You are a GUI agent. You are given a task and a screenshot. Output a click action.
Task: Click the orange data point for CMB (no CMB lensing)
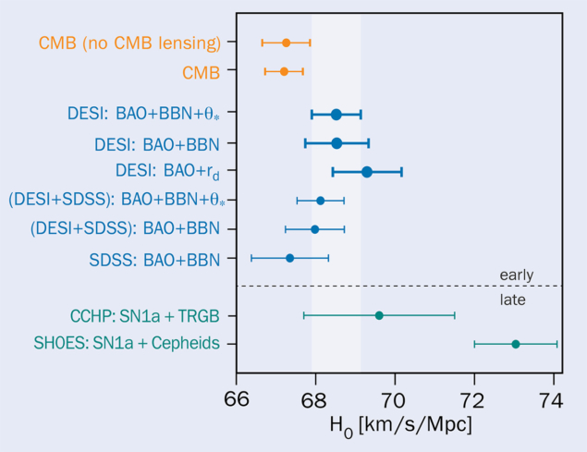point(287,43)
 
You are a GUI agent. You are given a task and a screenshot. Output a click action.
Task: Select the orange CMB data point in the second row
point(284,71)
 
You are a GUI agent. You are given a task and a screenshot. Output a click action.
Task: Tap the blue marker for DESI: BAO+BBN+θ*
point(336,115)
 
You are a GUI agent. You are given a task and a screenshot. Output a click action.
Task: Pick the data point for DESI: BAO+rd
point(367,172)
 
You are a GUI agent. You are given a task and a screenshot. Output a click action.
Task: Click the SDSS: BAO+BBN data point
point(289,258)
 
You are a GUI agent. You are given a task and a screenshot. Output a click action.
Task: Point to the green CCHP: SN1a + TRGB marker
point(379,315)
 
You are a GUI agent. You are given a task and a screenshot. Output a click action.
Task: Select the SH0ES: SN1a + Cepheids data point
point(516,344)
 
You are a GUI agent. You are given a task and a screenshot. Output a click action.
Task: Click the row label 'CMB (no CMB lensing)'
point(129,43)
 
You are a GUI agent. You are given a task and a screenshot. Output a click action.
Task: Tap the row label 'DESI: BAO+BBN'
point(157,144)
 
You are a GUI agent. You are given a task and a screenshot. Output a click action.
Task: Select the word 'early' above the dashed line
point(516,275)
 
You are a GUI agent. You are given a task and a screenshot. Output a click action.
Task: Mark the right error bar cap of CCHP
point(455,315)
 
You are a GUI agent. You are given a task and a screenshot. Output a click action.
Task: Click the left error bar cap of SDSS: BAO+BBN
point(251,258)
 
